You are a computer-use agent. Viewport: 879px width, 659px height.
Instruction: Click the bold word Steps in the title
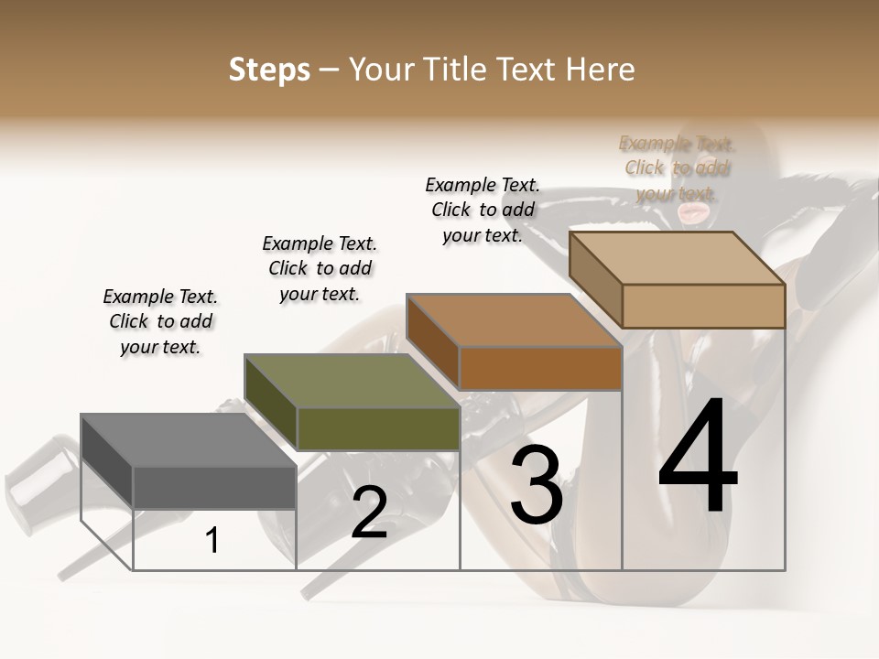click(x=269, y=70)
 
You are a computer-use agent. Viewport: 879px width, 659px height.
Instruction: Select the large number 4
click(x=698, y=458)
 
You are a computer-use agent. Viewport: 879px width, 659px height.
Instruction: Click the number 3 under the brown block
click(x=536, y=485)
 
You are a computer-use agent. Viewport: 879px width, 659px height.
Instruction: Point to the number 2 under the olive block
click(x=369, y=513)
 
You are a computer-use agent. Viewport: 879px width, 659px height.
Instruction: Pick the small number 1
click(x=212, y=541)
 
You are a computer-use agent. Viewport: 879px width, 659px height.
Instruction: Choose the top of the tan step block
click(x=678, y=258)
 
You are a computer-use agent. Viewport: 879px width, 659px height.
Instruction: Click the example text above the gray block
click(x=160, y=321)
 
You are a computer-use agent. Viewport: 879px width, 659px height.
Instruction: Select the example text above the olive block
click(x=320, y=268)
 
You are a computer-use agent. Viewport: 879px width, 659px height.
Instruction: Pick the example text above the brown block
click(x=483, y=210)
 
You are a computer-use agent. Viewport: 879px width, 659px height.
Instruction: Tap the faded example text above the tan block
click(x=677, y=167)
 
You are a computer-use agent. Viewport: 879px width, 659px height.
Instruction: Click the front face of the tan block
click(x=703, y=306)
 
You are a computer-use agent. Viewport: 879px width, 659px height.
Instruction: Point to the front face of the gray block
click(x=214, y=487)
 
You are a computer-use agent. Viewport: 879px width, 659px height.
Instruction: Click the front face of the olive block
click(x=378, y=428)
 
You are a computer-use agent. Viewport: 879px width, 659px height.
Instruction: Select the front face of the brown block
click(x=540, y=368)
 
